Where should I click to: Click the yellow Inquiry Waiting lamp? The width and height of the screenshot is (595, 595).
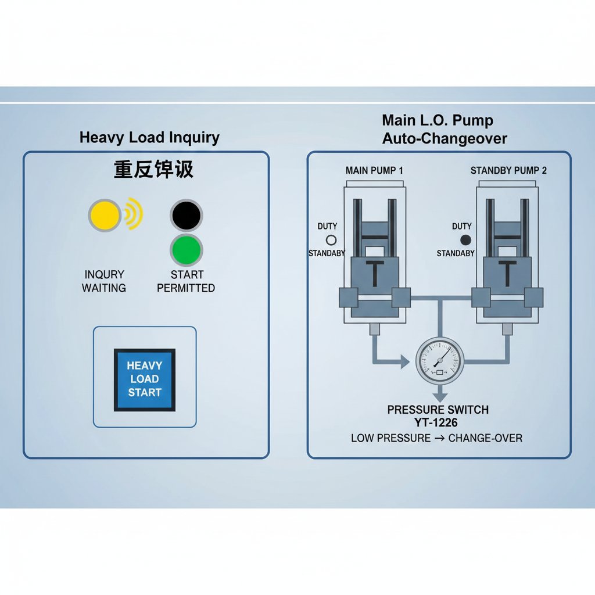(105, 216)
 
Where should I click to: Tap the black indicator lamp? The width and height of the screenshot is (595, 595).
(186, 216)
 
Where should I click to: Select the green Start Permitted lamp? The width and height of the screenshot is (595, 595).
(186, 250)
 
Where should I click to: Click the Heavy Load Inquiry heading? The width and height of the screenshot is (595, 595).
(149, 138)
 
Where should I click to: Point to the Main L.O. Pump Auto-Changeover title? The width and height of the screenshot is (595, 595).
(444, 130)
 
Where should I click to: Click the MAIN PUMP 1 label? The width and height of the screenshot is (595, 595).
(374, 170)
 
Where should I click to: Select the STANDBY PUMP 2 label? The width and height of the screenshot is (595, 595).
(508, 170)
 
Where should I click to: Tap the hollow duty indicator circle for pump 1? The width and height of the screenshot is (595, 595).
(331, 239)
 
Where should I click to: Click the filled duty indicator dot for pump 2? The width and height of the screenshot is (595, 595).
(465, 239)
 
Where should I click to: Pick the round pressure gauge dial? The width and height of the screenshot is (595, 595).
(440, 360)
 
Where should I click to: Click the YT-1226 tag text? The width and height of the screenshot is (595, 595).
(438, 423)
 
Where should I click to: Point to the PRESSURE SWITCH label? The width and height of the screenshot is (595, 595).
(438, 410)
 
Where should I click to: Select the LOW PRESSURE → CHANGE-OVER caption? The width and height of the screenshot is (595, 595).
(436, 438)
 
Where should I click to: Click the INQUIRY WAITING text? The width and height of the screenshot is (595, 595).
(104, 281)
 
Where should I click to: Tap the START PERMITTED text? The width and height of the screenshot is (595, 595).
(186, 281)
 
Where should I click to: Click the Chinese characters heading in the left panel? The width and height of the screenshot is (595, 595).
(153, 169)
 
